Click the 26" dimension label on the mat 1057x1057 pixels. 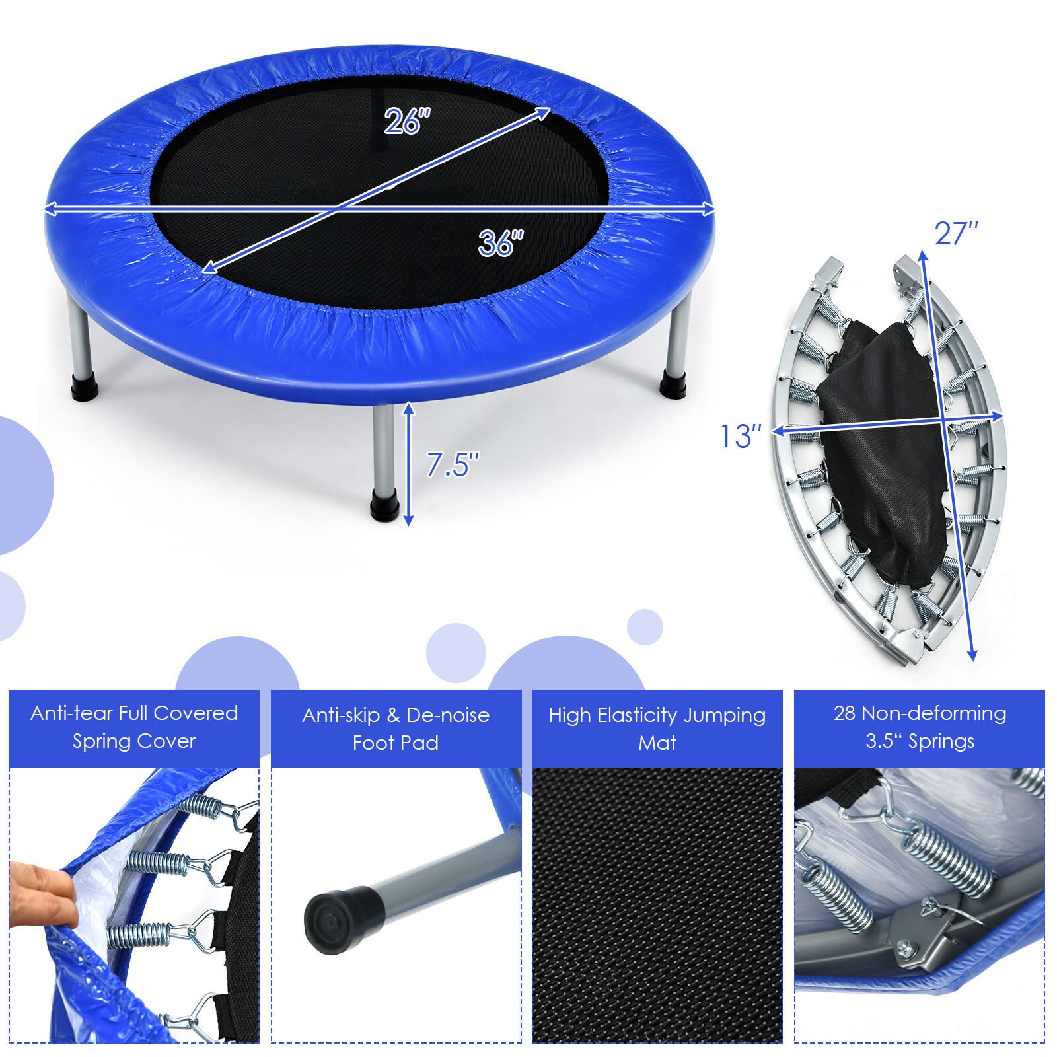pos(407,121)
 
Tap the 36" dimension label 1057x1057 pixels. pos(501,242)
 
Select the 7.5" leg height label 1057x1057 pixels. pos(452,464)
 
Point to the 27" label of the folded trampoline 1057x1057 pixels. pos(956,233)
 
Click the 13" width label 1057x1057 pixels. pos(740,436)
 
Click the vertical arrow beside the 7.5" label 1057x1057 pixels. pos(409,464)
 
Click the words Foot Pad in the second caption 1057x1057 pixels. pos(395,743)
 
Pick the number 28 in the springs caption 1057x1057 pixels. pos(845,713)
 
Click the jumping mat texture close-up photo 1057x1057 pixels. pos(657,905)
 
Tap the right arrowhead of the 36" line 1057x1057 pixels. pos(710,209)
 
